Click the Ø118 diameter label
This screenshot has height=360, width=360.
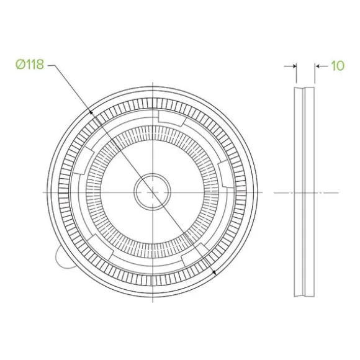[30, 65]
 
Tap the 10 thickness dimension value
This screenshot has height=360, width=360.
[338, 66]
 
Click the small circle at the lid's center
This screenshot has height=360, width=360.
[153, 192]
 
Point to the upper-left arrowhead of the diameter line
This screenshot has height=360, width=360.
[91, 112]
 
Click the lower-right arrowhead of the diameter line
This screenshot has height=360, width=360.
[214, 272]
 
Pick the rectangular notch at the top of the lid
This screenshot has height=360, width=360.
[172, 118]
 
